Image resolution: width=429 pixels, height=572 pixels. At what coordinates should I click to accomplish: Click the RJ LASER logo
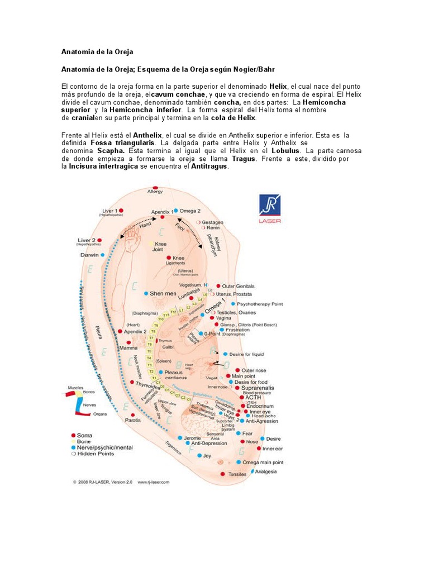click(270, 209)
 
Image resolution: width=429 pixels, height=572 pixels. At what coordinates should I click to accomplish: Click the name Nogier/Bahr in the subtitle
click(255, 68)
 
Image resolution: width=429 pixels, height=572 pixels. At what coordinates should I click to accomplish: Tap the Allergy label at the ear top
click(155, 191)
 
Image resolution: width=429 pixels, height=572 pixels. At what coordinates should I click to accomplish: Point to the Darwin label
click(89, 255)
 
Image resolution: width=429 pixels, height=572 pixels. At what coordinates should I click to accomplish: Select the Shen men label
click(162, 293)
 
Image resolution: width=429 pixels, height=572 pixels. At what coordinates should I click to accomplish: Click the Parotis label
click(132, 420)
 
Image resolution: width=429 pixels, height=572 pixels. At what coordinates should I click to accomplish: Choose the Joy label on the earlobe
click(207, 455)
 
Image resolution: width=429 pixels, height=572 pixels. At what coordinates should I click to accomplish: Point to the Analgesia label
click(266, 471)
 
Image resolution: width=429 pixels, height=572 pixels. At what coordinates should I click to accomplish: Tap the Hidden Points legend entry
click(96, 454)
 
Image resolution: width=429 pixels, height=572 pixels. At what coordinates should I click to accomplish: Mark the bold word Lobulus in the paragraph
click(286, 151)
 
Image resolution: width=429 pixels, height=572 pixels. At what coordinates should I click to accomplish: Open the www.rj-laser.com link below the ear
click(154, 482)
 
